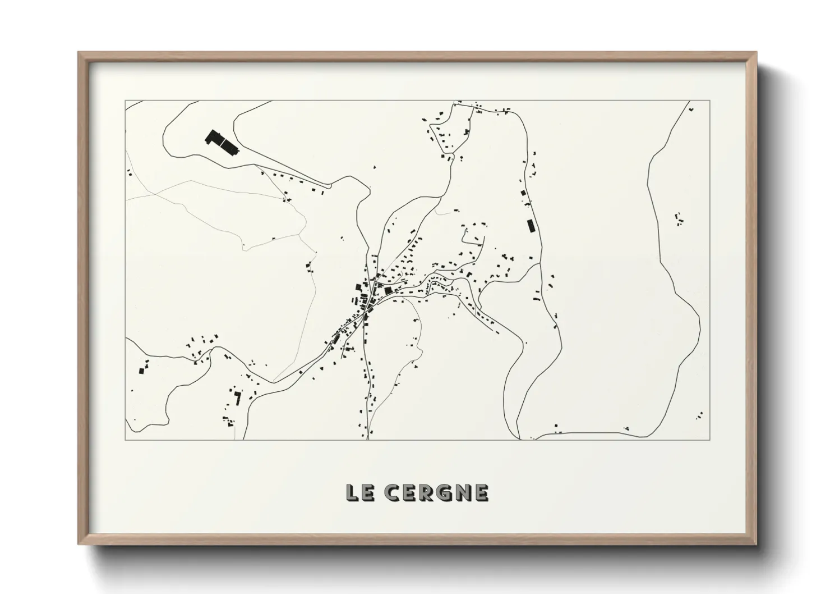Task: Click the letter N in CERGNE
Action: point(461,492)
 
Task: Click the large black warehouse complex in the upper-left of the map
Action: point(222,143)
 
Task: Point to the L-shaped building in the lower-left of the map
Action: point(237,398)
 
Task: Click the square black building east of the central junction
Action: point(388,290)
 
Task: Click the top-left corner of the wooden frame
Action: point(79,53)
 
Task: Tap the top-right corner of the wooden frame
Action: point(756,53)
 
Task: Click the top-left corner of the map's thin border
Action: point(126,101)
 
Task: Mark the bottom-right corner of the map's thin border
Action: point(709,440)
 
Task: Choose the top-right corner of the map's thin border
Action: point(709,101)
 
